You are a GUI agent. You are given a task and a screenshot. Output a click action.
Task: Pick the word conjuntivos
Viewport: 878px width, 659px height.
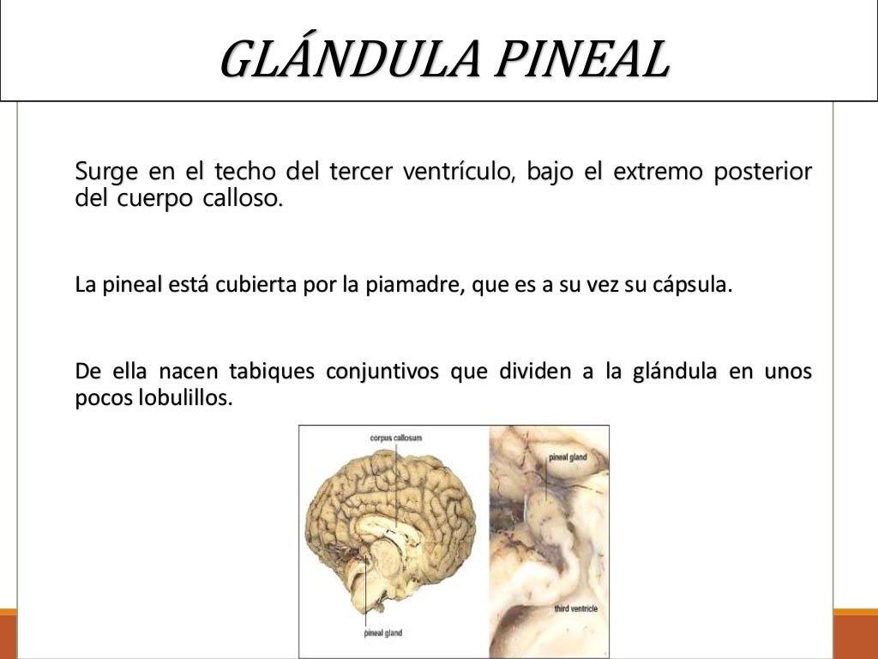tap(383, 373)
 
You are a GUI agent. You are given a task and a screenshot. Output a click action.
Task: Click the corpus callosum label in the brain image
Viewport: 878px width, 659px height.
tap(395, 438)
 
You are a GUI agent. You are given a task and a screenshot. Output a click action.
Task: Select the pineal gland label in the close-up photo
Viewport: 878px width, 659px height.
tap(568, 457)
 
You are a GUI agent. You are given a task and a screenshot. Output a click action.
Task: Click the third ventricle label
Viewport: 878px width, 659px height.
tap(574, 608)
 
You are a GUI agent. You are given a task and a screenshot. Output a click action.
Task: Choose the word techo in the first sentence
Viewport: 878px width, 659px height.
tap(244, 172)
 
